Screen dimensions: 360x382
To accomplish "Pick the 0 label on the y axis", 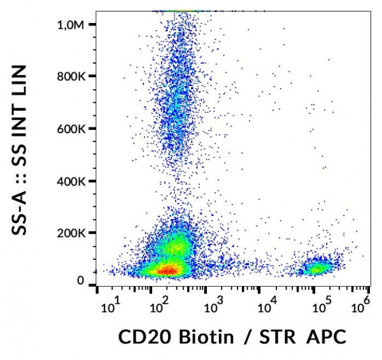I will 80,281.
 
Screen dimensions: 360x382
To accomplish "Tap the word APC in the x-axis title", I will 324,336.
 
